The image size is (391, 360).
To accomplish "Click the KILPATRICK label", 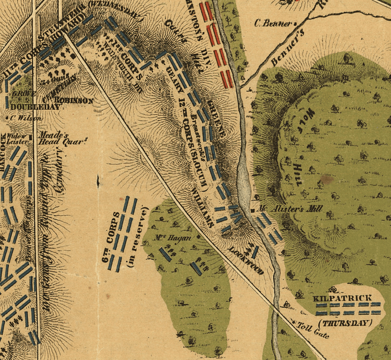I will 344,298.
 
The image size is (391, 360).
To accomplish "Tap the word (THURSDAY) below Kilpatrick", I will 344,323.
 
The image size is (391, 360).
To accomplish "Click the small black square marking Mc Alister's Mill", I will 252,210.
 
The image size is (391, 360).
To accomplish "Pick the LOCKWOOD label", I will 241,256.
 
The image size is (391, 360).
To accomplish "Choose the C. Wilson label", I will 21,117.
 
